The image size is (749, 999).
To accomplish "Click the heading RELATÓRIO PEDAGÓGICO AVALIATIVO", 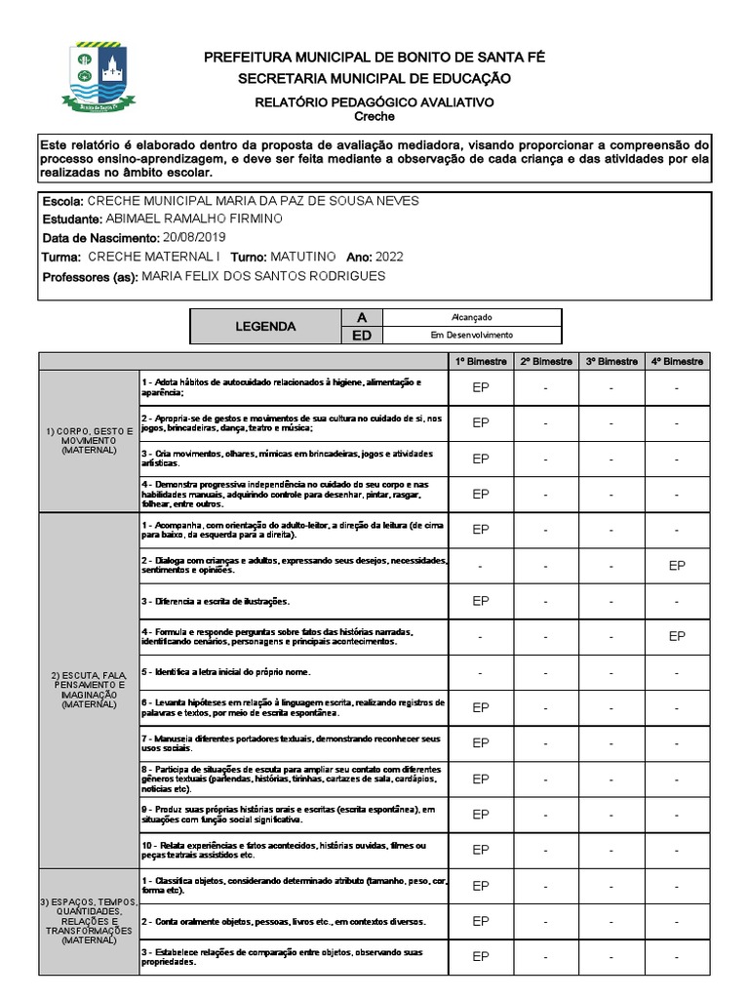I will (374, 101).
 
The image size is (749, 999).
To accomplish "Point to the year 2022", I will (390, 257).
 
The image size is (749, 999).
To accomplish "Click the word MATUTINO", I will (302, 257).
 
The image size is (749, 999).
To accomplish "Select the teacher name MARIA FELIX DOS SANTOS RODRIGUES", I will (263, 276).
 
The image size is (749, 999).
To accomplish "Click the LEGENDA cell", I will (265, 327).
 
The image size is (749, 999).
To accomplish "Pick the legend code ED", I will (362, 336).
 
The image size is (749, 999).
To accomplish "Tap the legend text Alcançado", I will (472, 318).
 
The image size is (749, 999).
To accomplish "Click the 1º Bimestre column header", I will (481, 361).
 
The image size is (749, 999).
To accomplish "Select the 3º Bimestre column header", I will (611, 361).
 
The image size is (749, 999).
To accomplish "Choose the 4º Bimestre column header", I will (677, 361).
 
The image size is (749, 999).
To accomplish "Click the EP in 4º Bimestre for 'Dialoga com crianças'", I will (677, 566).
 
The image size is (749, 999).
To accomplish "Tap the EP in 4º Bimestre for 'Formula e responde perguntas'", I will (677, 636).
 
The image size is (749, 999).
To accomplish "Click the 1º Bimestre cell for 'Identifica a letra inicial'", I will (481, 673).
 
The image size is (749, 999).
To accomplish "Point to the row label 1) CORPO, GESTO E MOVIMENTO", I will (89, 440).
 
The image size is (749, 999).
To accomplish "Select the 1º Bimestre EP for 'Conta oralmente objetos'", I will (481, 921).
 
